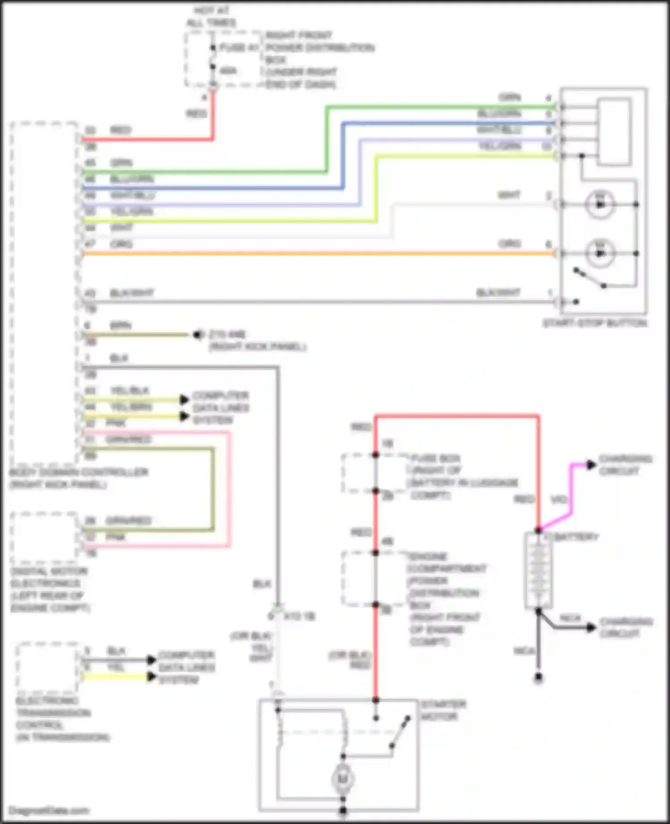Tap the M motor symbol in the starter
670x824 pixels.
[x=343, y=779]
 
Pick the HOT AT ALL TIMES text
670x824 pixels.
[x=211, y=17]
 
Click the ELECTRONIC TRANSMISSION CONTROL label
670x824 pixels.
[x=63, y=719]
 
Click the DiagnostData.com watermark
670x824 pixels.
[x=49, y=811]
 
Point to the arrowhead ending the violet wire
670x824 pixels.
[x=591, y=465]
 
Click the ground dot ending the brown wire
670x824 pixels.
[x=197, y=334]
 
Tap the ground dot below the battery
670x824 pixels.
[x=539, y=678]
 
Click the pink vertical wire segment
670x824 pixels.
[x=230, y=489]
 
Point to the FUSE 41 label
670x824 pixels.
[x=239, y=47]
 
